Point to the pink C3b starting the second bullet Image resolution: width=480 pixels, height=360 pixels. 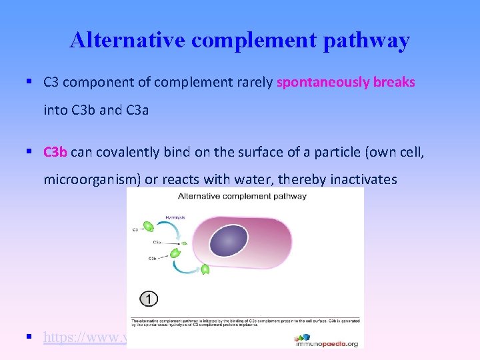click(x=55, y=152)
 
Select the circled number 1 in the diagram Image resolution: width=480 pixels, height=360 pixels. click(x=148, y=299)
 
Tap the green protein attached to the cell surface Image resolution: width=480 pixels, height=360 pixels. click(x=205, y=269)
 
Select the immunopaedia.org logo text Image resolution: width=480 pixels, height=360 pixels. click(x=326, y=343)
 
